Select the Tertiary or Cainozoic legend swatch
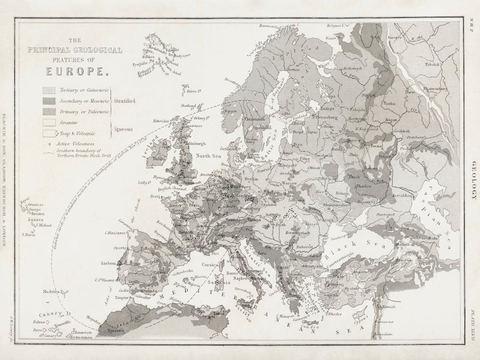48,90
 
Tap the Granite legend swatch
48,122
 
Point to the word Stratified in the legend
124,101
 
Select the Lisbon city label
108,263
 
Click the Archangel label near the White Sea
352,69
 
